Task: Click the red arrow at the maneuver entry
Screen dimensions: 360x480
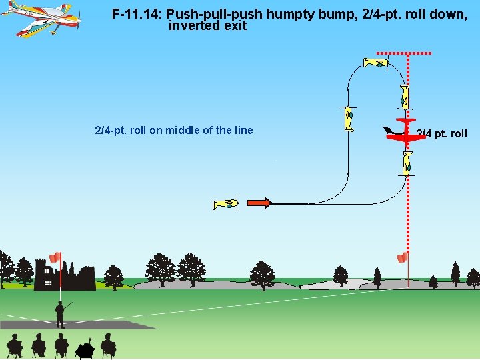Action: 259,203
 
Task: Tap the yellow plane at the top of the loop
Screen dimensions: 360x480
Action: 376,63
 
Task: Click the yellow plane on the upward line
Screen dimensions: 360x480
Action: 348,119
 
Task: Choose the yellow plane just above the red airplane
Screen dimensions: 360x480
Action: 405,97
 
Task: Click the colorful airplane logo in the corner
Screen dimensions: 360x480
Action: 41,19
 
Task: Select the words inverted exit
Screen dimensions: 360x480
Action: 207,26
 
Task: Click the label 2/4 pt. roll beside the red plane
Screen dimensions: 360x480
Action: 441,134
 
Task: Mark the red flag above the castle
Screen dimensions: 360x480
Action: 55,257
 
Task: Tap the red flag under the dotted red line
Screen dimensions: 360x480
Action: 402,257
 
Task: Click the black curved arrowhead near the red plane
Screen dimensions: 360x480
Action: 386,129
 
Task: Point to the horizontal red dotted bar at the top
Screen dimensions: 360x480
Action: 404,53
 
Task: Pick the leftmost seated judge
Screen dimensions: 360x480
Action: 15,345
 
